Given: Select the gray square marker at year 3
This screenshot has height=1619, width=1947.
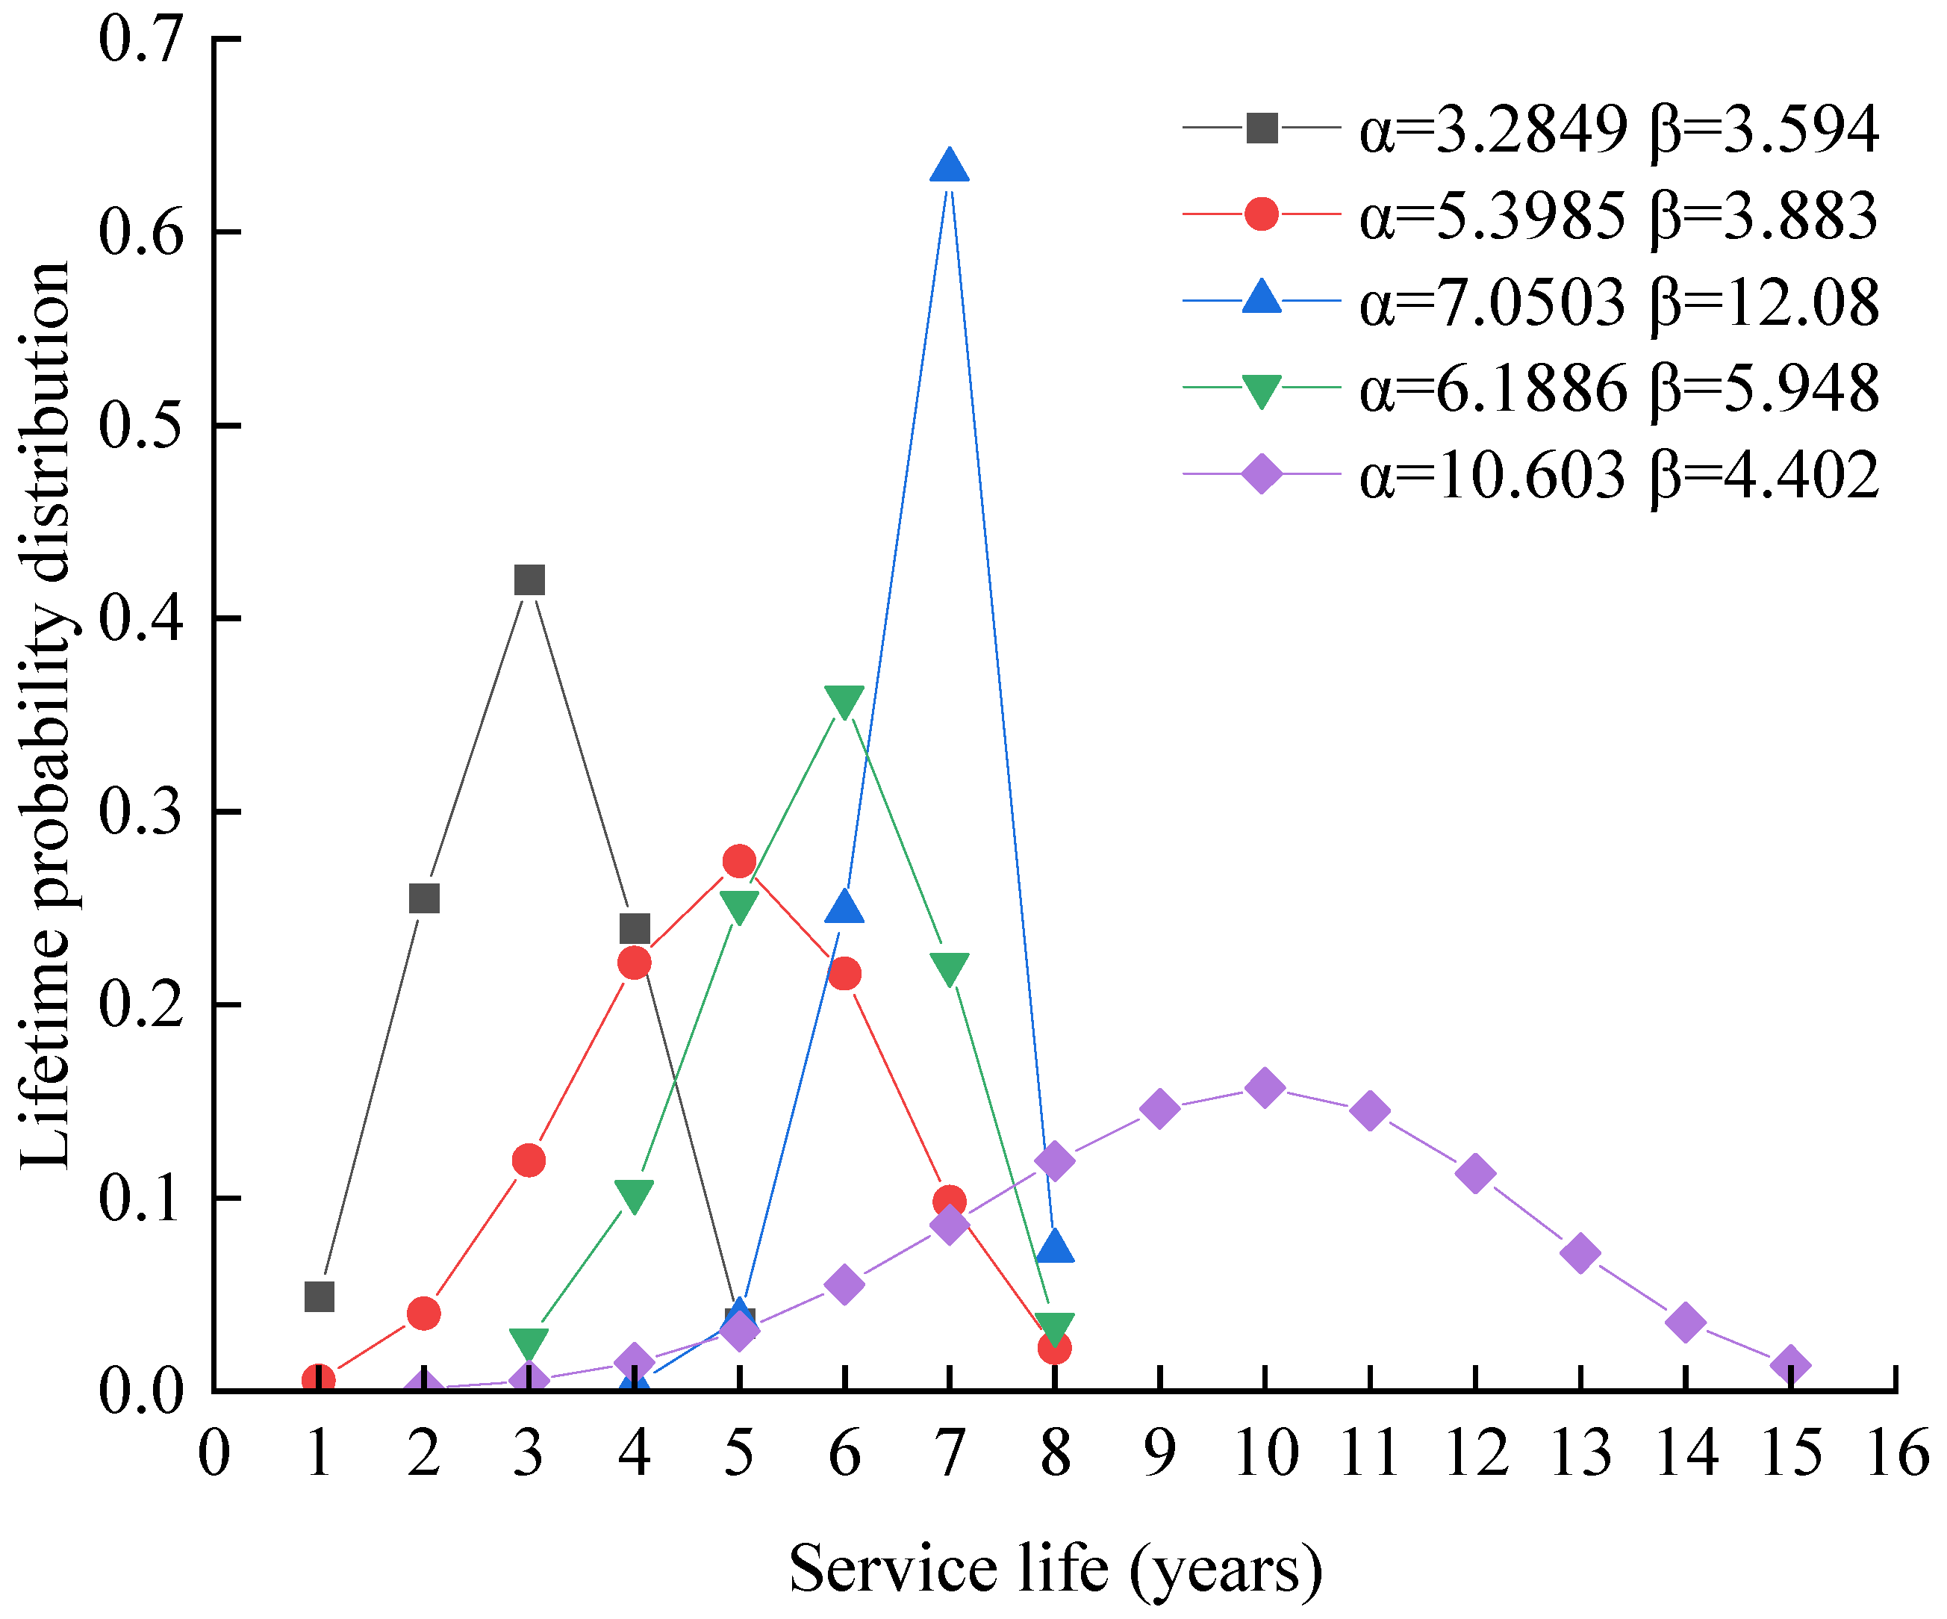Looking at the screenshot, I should [529, 580].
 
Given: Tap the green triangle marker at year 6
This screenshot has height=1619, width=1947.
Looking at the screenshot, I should [844, 701].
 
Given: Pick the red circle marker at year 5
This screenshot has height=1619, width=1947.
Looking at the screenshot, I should [739, 862].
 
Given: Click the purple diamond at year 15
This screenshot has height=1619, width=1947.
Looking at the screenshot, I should [1790, 1366].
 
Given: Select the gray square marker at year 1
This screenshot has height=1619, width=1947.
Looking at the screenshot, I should [319, 1297].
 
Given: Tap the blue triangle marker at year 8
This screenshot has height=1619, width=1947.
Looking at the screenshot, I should [1055, 1247].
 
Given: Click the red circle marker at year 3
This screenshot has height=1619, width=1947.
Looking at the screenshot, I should [529, 1160].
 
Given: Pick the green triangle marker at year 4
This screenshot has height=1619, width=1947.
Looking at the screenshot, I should [634, 1196].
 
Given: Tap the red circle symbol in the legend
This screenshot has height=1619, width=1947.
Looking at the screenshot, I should [1261, 214].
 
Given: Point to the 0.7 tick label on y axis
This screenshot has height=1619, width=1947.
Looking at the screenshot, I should [139, 39].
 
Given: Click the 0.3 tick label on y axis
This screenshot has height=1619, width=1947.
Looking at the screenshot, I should [139, 811].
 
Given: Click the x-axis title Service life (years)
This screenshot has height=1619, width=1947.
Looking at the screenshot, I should [1055, 1569].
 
